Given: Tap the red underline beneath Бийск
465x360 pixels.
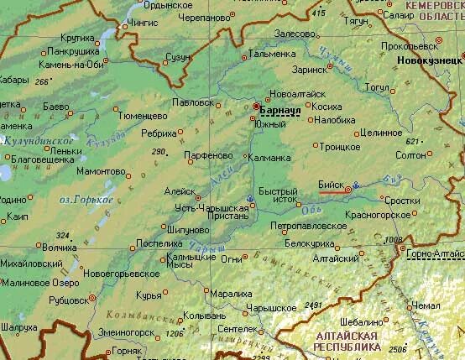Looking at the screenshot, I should (332, 191).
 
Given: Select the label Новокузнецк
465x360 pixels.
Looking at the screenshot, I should (431, 61).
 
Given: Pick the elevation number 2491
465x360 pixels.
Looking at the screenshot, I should (314, 304).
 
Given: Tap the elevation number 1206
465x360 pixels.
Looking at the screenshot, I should (175, 334).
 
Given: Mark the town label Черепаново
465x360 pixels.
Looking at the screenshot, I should (206, 16).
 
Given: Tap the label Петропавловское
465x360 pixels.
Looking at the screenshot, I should (308, 226).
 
